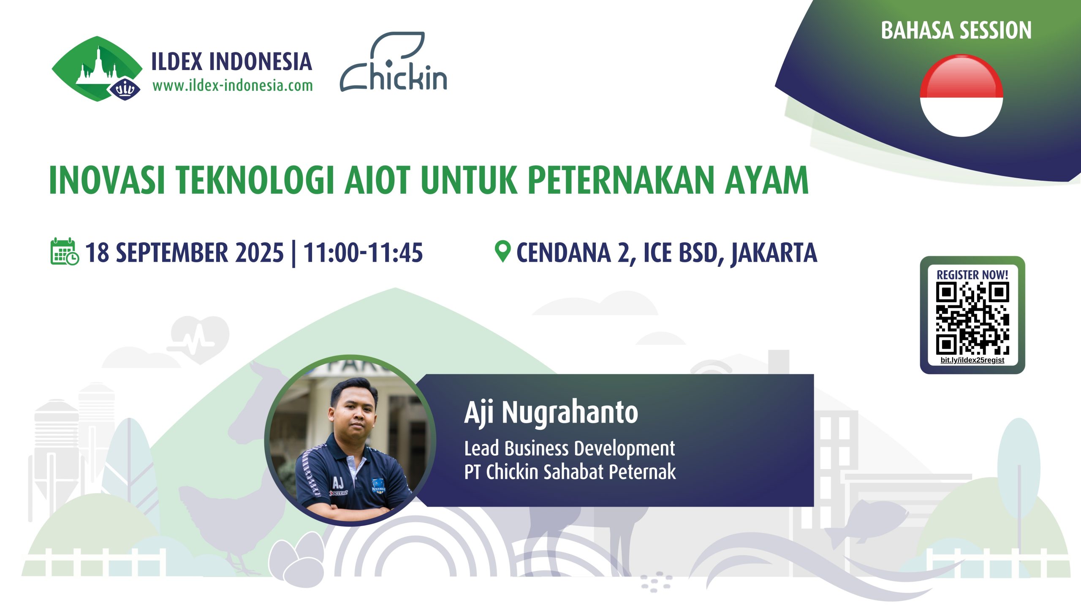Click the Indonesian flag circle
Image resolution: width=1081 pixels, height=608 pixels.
point(961,96)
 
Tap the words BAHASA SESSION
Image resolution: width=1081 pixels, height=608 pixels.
point(956,30)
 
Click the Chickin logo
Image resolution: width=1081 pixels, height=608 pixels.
point(394,62)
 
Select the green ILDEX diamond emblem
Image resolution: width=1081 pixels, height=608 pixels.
point(97,69)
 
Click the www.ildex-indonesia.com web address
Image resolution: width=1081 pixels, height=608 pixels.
point(233,86)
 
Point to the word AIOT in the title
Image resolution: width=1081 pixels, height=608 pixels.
point(377,180)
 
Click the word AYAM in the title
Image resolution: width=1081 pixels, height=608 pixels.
point(766,180)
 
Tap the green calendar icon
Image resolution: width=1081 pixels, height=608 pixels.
point(65,252)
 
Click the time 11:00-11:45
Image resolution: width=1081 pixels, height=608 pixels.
point(363,252)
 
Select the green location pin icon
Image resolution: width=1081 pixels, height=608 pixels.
point(502,252)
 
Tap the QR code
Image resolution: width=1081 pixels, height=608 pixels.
point(972,318)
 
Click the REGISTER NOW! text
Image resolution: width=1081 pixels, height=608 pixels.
point(972,274)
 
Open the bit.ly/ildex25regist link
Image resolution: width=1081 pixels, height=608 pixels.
point(972,360)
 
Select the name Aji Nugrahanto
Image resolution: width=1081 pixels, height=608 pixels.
point(551,413)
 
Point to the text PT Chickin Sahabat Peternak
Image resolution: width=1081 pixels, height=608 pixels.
point(570,472)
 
